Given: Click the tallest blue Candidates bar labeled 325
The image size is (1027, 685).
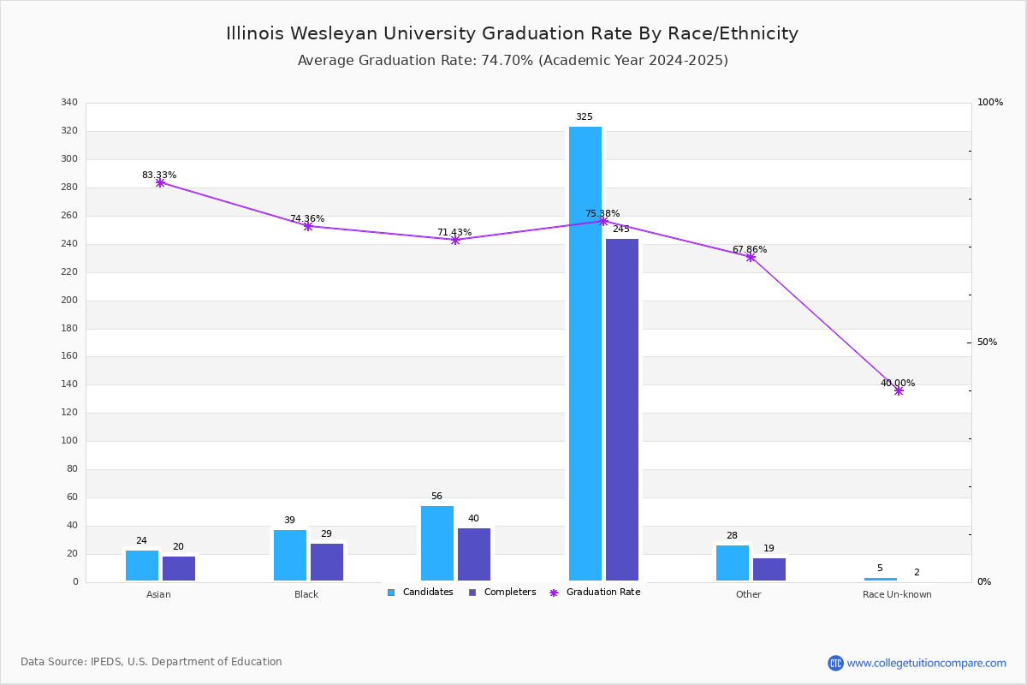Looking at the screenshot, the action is pos(585,354).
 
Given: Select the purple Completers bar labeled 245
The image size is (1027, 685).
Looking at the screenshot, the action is pos(621,409).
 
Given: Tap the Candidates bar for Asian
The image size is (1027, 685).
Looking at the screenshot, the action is pos(142,566).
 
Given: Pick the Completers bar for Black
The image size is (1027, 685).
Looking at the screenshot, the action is pos(327,562).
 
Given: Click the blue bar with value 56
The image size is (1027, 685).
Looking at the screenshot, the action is pos(437,543).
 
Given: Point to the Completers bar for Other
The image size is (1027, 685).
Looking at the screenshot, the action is pos(769,569).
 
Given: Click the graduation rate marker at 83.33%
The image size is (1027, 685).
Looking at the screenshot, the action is pos(160,183).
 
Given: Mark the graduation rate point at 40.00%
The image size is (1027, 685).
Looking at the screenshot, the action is pos(899,391).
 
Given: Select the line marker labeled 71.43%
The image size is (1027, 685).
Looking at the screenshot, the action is pos(455,240).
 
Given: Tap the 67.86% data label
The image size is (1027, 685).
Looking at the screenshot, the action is pos(750,249).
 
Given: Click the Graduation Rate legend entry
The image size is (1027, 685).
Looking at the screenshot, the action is pos(595,592).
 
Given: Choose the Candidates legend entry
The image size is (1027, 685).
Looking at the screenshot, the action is pos(420,592).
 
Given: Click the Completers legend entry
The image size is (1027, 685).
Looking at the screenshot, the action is pos(502,592).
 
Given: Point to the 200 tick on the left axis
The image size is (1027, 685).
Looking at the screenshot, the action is pos(69,300).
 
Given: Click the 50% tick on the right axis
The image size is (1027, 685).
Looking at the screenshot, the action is pos(987,342).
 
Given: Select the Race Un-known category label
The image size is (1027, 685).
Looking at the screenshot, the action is pos(897,594).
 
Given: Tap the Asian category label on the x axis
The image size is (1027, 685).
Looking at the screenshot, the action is pos(158,594).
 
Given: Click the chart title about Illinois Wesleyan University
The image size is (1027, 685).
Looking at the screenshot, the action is pos(512,33).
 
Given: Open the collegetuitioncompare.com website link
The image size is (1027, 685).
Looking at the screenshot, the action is pos(926,663).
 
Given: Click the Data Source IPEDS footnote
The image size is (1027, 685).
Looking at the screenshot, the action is pos(151,662).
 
